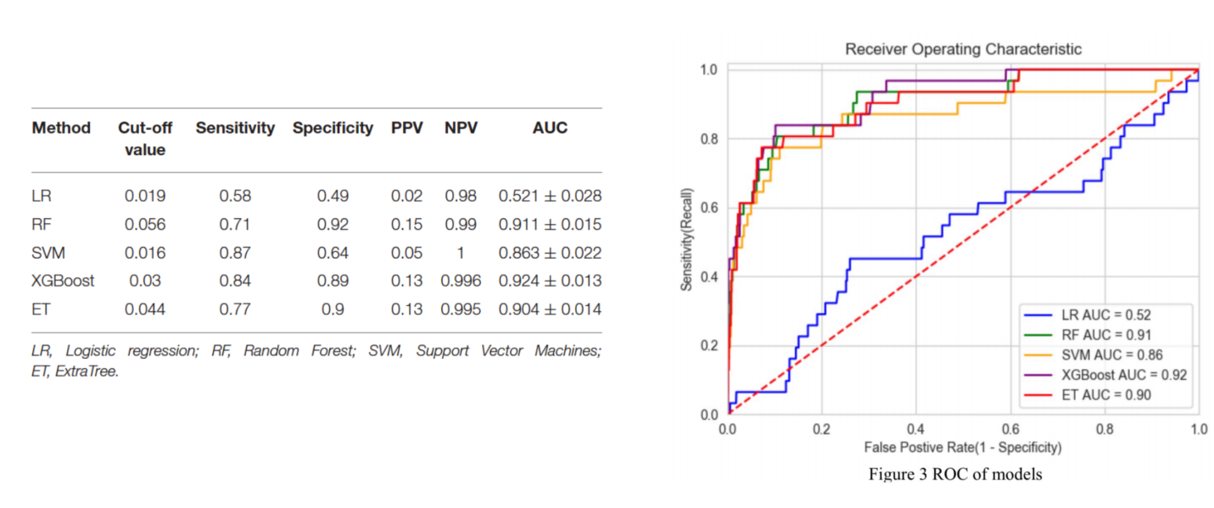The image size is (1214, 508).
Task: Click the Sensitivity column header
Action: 235,128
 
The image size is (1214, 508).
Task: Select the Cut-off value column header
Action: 145,138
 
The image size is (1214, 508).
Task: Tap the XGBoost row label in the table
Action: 63,281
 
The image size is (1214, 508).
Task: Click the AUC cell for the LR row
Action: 550,196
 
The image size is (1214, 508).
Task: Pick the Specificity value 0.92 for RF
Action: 332,225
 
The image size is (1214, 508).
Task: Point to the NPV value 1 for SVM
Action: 461,253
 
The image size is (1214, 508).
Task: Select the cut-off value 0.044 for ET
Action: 145,310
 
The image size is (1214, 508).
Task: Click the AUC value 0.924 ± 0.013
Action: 550,281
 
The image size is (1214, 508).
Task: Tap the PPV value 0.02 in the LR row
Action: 406,196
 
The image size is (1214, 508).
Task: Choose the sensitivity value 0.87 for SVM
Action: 235,253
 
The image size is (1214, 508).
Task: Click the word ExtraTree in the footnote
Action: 87,371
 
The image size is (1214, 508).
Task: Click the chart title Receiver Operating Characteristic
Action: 963,49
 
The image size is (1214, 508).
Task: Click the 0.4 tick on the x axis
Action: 915,430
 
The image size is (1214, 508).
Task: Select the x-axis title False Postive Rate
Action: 962,447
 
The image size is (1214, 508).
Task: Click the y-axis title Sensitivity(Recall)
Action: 686,241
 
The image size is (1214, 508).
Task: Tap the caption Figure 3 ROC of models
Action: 954,474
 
